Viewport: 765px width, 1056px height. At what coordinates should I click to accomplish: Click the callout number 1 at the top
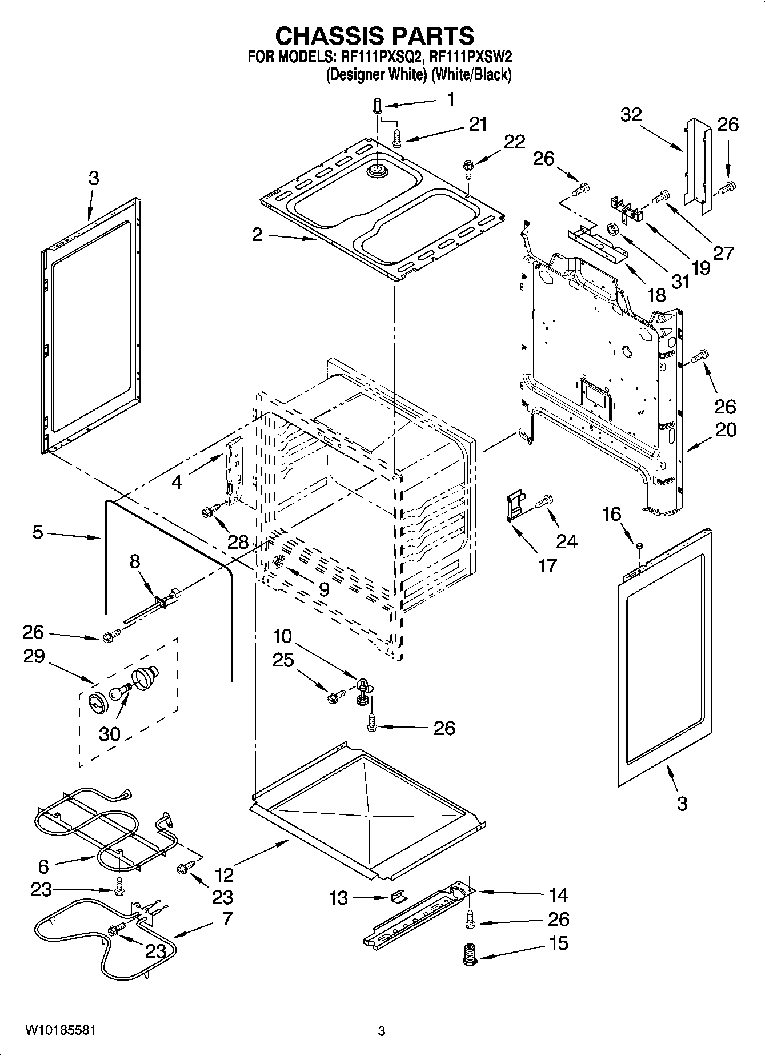[451, 100]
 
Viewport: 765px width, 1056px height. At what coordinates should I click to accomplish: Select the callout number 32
[631, 115]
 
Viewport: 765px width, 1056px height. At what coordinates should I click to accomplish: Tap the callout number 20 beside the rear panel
[725, 429]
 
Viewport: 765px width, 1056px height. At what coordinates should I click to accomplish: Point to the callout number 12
[225, 874]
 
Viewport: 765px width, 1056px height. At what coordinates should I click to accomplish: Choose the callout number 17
[547, 565]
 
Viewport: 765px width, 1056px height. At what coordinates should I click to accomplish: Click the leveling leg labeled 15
[470, 954]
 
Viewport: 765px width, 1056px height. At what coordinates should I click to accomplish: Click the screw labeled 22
[468, 167]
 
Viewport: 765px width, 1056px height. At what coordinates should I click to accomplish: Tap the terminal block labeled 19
[627, 208]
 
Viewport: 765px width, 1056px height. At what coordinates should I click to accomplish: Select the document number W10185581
[59, 1030]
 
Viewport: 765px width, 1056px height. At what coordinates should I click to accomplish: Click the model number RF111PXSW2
[470, 57]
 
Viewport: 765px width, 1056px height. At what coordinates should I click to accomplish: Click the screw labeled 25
[335, 697]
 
